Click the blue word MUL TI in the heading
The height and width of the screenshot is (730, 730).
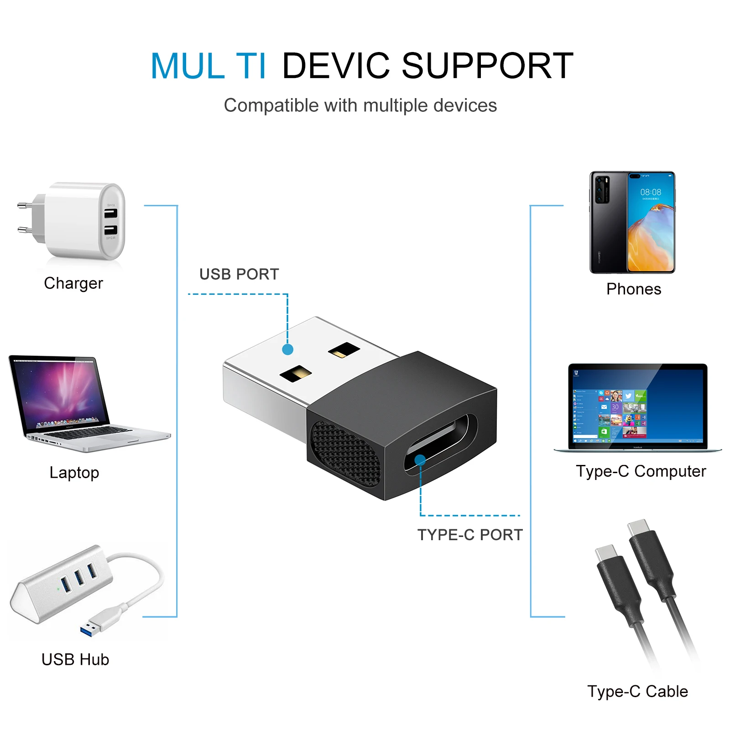click(x=208, y=66)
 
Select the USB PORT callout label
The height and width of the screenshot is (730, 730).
click(x=239, y=274)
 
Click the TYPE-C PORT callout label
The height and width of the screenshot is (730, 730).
click(x=470, y=535)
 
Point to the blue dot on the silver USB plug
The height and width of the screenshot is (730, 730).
click(x=287, y=349)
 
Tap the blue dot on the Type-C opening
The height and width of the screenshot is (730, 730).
click(x=420, y=460)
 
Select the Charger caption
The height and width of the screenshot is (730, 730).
click(x=73, y=283)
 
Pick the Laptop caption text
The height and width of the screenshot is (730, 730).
click(x=74, y=473)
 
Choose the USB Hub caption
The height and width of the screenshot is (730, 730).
click(x=75, y=660)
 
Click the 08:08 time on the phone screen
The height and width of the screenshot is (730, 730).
click(x=651, y=192)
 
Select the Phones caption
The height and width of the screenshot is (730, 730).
click(x=634, y=289)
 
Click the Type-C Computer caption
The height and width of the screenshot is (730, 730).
click(x=641, y=471)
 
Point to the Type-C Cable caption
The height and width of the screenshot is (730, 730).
click(x=637, y=692)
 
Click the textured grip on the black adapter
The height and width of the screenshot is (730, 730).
click(x=344, y=452)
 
